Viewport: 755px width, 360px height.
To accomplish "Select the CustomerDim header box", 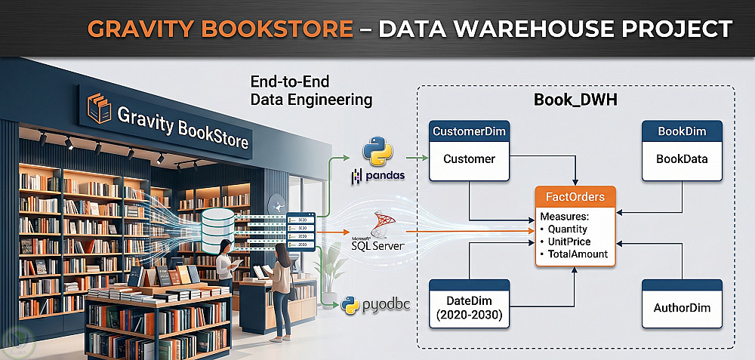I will [x=469, y=131].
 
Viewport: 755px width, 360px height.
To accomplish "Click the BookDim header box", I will [x=682, y=131].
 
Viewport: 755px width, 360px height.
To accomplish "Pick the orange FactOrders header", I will [x=575, y=197].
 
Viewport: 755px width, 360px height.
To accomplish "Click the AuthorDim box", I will [x=682, y=308].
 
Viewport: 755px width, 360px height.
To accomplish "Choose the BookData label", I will [x=682, y=159].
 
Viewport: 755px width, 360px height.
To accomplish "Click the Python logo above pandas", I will [x=377, y=151].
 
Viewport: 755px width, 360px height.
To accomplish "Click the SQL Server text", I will [x=377, y=246].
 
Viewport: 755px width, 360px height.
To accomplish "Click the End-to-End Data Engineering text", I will [x=311, y=90].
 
